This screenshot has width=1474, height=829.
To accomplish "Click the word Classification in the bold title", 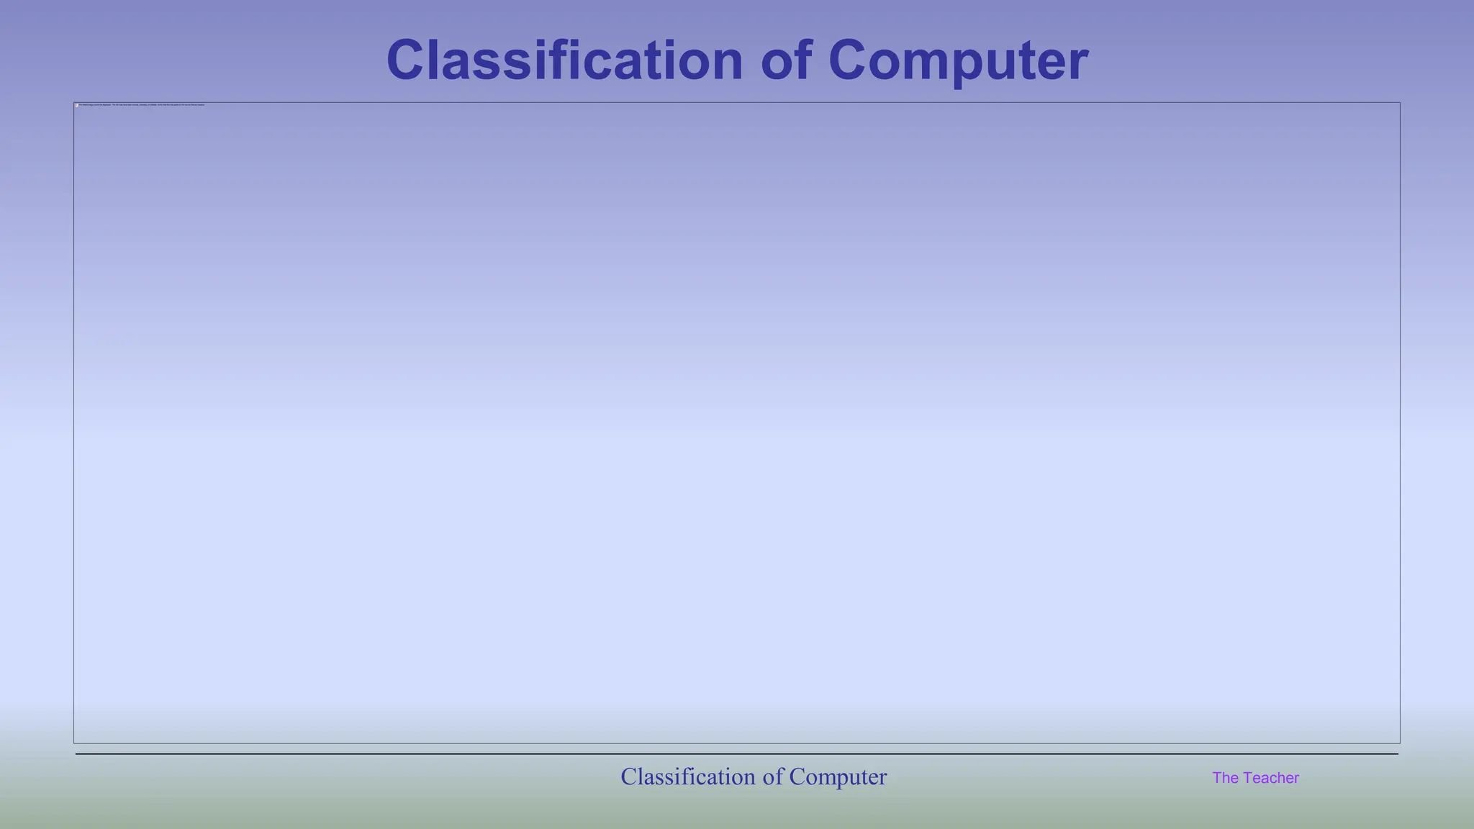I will [564, 60].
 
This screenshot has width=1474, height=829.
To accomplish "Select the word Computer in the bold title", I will [958, 60].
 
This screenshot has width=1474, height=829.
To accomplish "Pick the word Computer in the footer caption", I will [838, 776].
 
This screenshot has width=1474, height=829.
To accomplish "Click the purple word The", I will [1225, 778].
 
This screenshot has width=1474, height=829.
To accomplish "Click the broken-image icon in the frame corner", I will [77, 105].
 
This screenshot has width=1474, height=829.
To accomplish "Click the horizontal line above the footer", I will [737, 754].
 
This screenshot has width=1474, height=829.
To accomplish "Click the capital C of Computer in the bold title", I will [850, 60].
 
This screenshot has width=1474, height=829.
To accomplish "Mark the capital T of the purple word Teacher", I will [1247, 778].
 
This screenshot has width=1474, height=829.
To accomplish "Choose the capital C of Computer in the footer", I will [797, 776].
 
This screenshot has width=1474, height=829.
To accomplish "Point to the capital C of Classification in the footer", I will [628, 776].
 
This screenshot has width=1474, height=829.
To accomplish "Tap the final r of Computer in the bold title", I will [1079, 65].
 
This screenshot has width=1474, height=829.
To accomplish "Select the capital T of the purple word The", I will [1217, 778].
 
